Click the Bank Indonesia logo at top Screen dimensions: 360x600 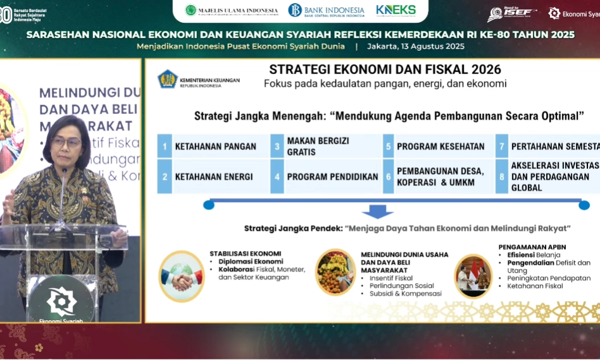pos(326,10)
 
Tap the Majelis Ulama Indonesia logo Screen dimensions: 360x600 pos(231,10)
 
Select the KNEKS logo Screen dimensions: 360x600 pos(396,10)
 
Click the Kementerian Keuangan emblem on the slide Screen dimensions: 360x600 pos(168,79)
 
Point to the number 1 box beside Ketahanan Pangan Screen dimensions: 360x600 pos(165,146)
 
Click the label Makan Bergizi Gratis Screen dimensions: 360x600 pos(318,146)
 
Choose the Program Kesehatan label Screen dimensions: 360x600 pos(441,146)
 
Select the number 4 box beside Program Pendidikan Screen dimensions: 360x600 pos(277,177)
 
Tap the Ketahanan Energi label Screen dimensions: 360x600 pos(214,177)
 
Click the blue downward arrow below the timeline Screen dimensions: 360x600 pos(377,213)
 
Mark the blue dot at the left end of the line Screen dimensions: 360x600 pos(209,204)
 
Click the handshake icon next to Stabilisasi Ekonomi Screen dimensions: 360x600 pos(181,275)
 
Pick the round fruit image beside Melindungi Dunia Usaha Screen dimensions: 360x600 pos(335,272)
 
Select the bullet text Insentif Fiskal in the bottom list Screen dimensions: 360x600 pos(391,278)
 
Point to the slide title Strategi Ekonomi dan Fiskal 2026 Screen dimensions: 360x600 pos(385,70)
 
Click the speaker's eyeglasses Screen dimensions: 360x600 pos(66,143)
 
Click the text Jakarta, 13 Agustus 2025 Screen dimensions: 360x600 pos(415,46)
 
